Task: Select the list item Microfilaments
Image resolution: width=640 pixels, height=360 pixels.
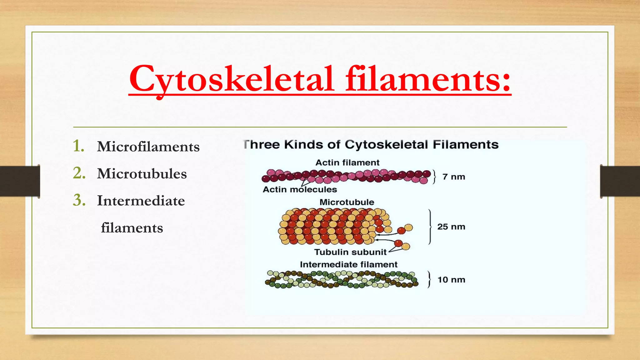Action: pos(148,147)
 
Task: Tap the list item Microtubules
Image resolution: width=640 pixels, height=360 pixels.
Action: pos(142,174)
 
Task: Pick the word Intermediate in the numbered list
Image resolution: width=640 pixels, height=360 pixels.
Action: pos(141,201)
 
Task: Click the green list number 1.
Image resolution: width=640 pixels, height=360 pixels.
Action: pos(78,146)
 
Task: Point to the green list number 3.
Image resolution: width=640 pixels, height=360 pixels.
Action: pos(79,200)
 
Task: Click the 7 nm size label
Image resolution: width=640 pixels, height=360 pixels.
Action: pos(454,177)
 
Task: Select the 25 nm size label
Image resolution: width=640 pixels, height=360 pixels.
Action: pos(451,227)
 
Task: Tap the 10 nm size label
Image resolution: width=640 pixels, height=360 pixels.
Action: pos(451,279)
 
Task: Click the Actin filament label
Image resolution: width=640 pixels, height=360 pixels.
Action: pos(347,162)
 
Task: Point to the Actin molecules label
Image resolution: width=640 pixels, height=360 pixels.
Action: pos(300,189)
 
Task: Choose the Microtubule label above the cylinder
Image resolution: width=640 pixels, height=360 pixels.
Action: pos(347,202)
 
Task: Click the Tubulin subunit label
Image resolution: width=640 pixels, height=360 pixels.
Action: pos(350,252)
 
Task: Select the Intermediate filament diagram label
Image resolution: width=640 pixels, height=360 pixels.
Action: pos(348,264)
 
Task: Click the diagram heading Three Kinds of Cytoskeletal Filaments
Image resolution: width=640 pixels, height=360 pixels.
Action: pos(371,144)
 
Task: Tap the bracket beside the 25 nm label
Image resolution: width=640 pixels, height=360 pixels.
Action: pos(431,227)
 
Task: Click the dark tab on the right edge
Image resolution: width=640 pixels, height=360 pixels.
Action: pos(620,181)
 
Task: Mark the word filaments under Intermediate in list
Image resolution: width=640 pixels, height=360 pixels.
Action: pos(132,228)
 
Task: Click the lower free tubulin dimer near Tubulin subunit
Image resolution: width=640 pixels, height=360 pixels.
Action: pos(402,245)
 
